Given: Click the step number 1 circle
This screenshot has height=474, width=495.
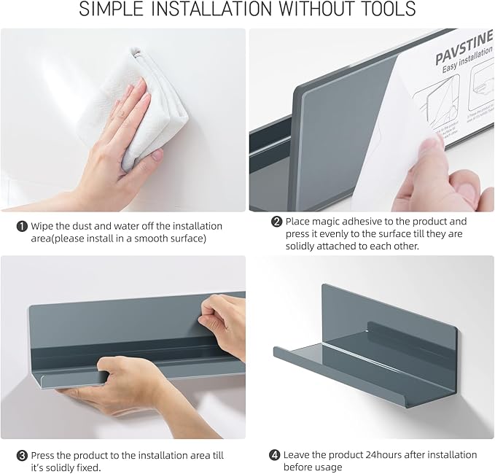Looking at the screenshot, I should [21, 227].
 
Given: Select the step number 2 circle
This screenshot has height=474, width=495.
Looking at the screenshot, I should [276, 222].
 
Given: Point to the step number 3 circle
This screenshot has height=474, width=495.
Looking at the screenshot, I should [22, 455].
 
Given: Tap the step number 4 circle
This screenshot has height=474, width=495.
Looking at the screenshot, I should [274, 455].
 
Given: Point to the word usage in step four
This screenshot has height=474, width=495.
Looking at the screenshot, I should [327, 467].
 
